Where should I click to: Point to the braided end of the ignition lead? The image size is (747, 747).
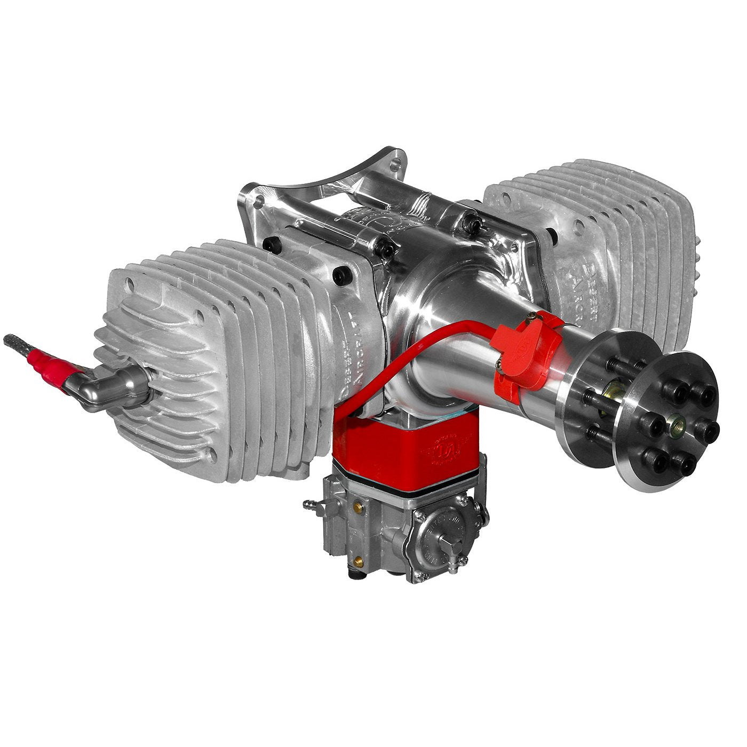pyautogui.click(x=16, y=342)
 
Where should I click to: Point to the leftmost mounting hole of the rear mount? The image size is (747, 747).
pyautogui.click(x=260, y=202)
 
